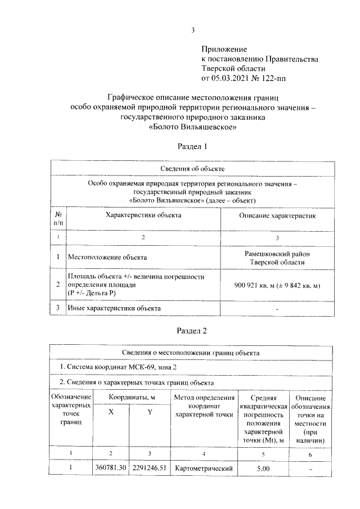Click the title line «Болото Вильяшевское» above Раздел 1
(192, 127)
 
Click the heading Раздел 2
(192, 331)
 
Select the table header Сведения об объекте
(192, 168)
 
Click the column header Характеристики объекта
(144, 215)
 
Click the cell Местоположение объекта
(107, 258)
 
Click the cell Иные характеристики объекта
(114, 308)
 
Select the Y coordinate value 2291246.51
(150, 468)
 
